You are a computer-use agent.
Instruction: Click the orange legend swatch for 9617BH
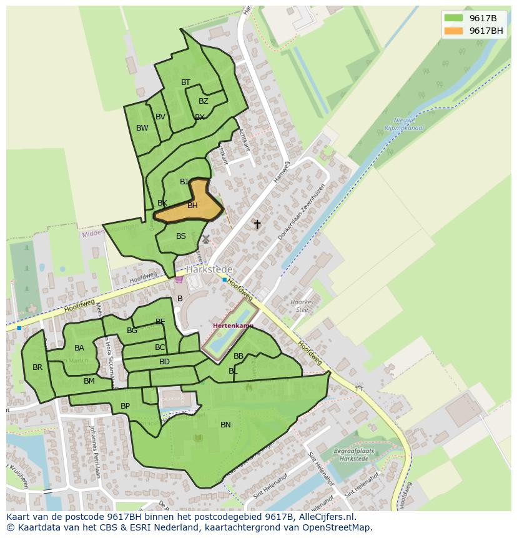pos(453,31)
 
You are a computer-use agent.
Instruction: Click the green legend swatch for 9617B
pos(453,18)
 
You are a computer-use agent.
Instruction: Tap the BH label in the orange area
pos(192,206)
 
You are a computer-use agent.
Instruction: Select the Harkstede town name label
pos(209,269)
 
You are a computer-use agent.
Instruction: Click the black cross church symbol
pos(257,224)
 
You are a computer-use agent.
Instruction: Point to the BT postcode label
pos(185,82)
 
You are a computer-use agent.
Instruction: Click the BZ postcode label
pos(204,101)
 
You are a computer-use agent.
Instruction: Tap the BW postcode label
pos(142,128)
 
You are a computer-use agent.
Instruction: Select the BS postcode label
pos(181,236)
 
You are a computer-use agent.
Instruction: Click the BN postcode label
pos(225,425)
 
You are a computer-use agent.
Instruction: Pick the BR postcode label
pos(37,367)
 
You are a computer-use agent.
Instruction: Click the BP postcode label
pos(125,406)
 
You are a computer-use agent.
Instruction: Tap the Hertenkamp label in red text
pos(233,326)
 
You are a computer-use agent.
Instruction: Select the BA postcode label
pos(79,348)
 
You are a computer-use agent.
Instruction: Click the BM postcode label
pos(89,381)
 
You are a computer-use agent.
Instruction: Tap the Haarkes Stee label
pos(302,306)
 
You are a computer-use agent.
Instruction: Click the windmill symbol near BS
pos(206,239)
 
